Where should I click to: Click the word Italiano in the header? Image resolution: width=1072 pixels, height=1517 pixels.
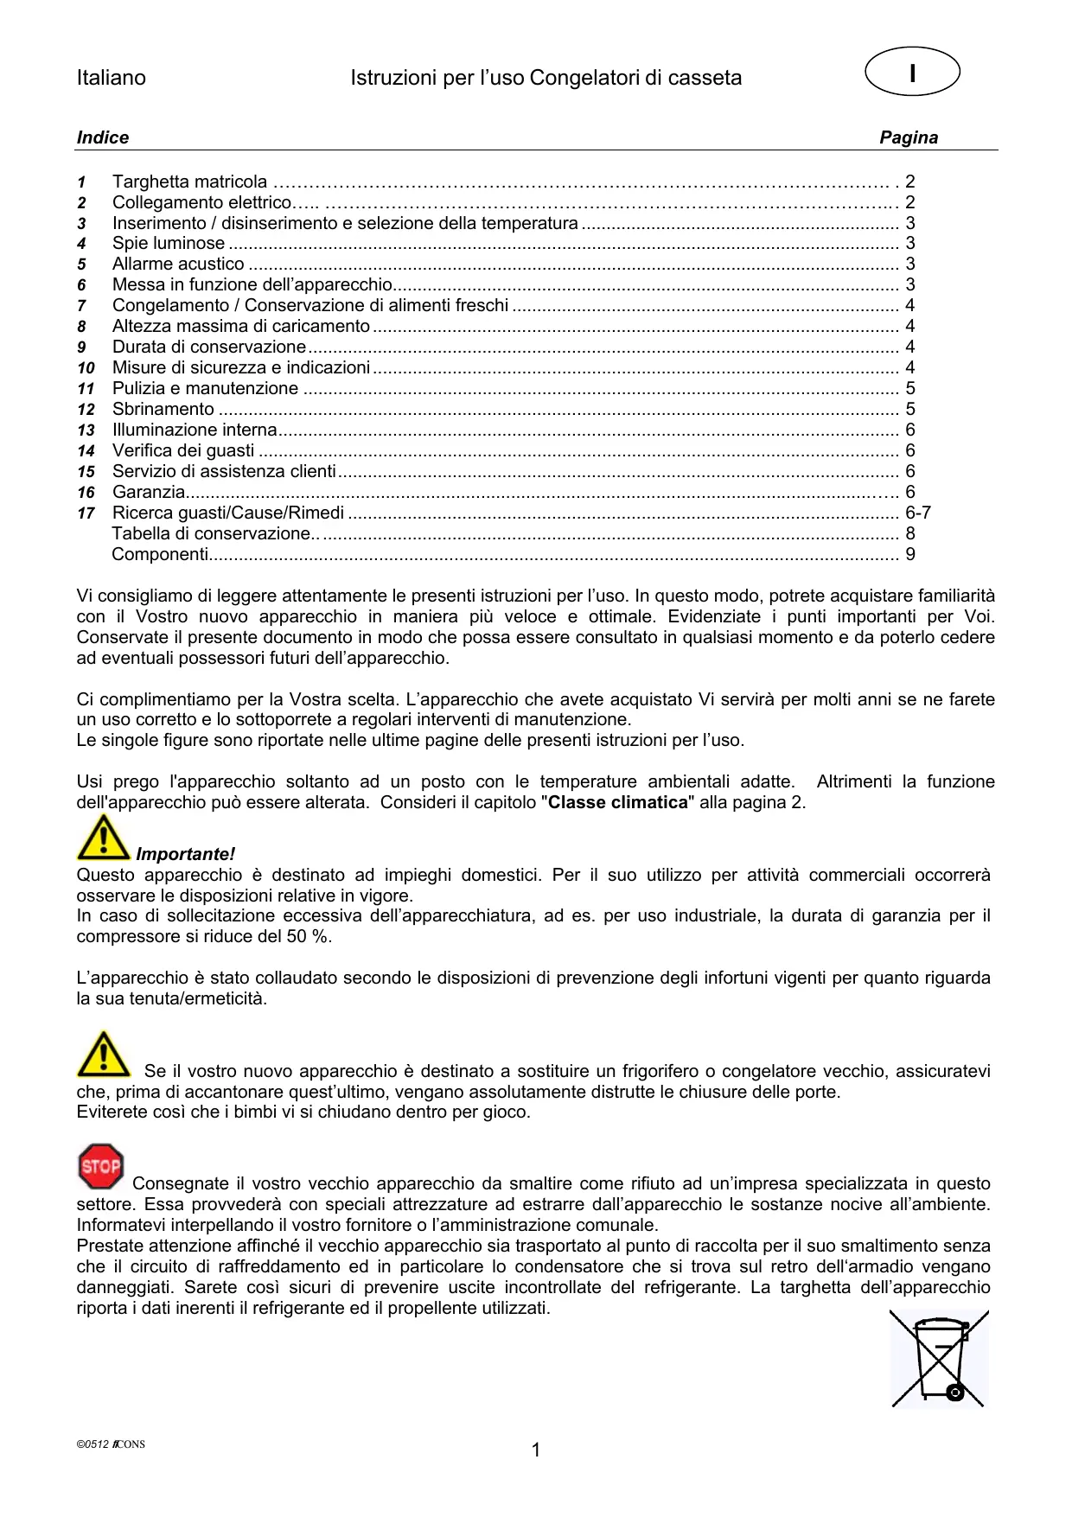[111, 78]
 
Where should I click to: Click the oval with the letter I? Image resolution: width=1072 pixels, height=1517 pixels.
[912, 72]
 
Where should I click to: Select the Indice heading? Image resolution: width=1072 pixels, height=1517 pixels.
[102, 137]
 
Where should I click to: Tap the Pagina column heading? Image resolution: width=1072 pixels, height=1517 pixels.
[908, 137]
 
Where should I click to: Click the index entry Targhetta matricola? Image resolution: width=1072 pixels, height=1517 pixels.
[189, 182]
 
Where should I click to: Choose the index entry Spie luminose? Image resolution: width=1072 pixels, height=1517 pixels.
[168, 244]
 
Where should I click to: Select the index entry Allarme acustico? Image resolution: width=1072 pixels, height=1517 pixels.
[178, 265]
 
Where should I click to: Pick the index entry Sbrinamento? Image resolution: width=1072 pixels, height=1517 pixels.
[163, 410]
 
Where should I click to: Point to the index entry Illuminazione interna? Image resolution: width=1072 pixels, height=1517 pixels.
[195, 430]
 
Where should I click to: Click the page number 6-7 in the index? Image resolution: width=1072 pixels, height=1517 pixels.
[917, 513]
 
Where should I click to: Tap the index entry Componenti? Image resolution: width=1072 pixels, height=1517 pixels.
[160, 555]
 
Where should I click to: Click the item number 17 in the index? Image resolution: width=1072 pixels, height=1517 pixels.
[86, 513]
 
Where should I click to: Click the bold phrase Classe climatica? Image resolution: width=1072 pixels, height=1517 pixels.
[617, 803]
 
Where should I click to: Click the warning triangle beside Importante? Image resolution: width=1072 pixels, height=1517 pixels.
[103, 838]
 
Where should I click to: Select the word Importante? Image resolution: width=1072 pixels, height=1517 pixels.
[185, 855]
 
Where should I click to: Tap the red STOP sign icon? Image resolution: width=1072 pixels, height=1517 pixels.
[100, 1166]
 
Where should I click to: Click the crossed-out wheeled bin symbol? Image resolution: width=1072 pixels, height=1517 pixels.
[939, 1359]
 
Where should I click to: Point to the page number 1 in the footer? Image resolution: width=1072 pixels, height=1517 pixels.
[536, 1450]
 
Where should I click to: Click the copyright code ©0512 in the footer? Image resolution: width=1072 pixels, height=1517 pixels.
[93, 1444]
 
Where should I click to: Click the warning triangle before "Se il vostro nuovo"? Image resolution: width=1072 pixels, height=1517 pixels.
[103, 1054]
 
